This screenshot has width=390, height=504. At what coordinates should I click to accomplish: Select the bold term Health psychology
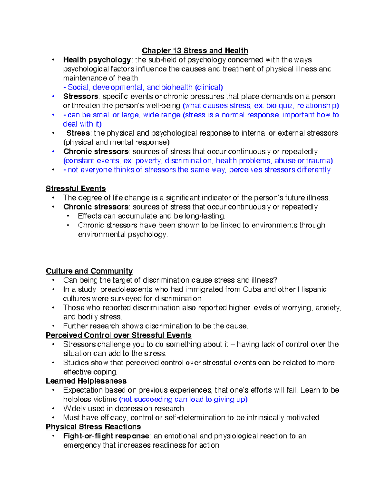[97, 60]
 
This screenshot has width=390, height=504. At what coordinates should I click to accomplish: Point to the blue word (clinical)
[209, 87]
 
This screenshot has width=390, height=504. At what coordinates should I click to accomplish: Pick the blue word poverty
[149, 161]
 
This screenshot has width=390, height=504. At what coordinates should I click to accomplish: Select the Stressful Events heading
[76, 189]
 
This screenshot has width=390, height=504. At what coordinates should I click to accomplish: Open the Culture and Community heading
[89, 271]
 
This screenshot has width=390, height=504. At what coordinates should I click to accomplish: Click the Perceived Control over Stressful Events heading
[119, 335]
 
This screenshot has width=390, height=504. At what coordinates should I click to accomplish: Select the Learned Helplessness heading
[86, 381]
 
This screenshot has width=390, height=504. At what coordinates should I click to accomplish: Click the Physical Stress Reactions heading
[93, 427]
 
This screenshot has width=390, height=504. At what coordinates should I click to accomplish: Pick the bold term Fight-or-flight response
[106, 436]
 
